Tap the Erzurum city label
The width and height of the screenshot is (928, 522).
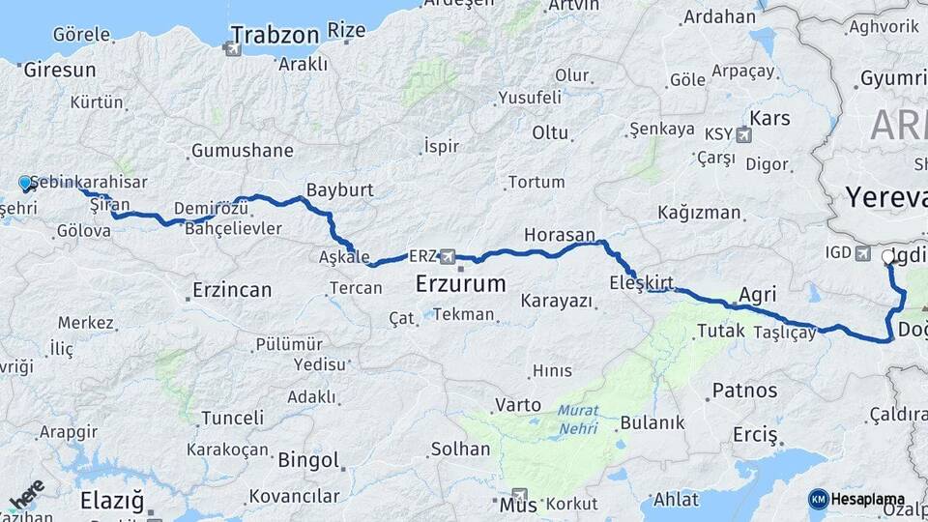pyautogui.click(x=460, y=284)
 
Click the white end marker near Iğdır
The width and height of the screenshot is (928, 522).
pyautogui.click(x=888, y=256)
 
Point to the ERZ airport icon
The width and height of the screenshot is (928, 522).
pyautogui.click(x=448, y=257)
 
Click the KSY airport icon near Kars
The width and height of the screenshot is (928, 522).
pyautogui.click(x=742, y=134)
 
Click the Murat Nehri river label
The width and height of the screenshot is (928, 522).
pyautogui.click(x=577, y=419)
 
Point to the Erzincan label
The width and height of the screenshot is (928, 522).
pyautogui.click(x=232, y=289)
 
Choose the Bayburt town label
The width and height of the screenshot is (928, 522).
pyautogui.click(x=339, y=189)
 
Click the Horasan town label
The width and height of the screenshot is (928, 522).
pyautogui.click(x=559, y=235)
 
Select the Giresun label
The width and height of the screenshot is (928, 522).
pyautogui.click(x=60, y=70)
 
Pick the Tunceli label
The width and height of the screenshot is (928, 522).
pyautogui.click(x=231, y=418)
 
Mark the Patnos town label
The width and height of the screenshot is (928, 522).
pyautogui.click(x=744, y=391)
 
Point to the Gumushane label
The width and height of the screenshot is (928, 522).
pyautogui.click(x=242, y=151)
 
